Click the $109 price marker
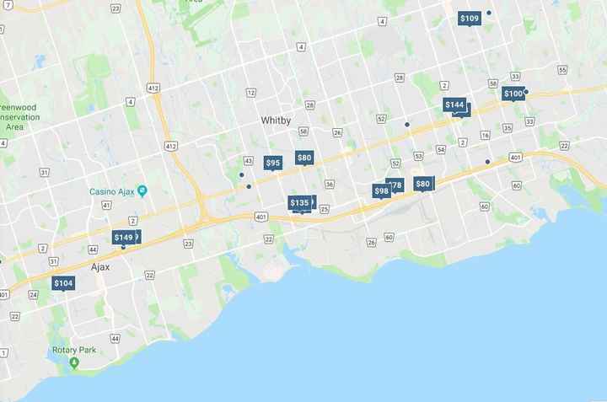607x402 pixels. click(470, 19)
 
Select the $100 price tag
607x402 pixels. click(513, 94)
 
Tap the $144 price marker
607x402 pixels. click(454, 105)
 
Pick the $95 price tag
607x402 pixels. click(273, 163)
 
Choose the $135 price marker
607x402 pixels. click(299, 203)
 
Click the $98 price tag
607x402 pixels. click(381, 191)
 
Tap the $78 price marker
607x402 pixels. click(395, 185)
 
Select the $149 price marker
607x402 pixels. click(123, 238)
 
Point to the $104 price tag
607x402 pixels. click(63, 284)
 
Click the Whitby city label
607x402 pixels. click(276, 121)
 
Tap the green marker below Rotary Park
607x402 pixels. click(74, 362)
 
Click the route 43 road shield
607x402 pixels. click(249, 160)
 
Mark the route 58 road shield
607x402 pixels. click(303, 131)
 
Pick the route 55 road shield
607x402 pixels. click(562, 69)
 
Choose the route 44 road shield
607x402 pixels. click(115, 338)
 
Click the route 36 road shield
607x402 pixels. click(330, 185)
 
